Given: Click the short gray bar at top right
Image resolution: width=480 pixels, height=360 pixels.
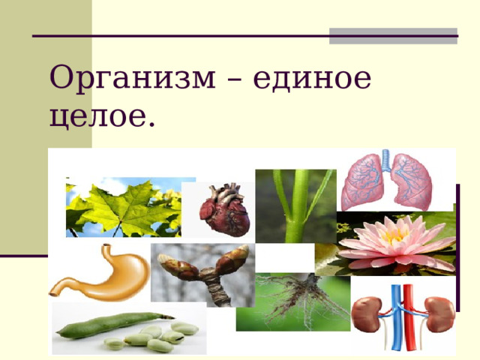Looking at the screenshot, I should [393, 36].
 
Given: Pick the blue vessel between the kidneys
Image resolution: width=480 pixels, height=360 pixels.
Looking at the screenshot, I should [398, 315].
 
